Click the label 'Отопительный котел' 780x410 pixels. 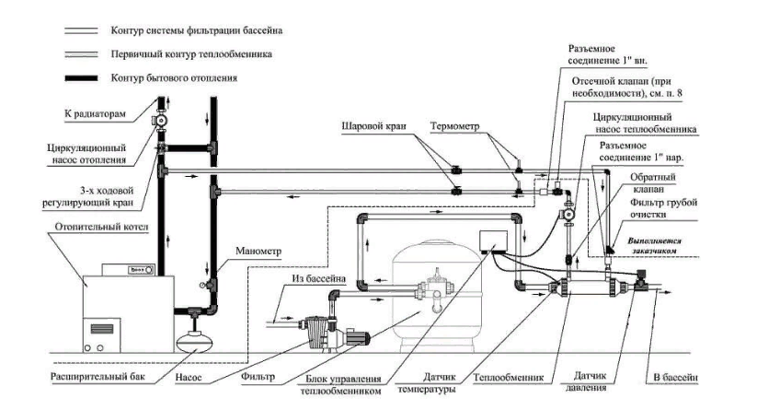(101, 228)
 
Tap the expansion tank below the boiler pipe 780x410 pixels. (194, 337)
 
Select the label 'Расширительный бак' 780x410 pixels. (97, 377)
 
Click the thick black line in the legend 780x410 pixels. (81, 77)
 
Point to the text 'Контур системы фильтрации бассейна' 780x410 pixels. (197, 30)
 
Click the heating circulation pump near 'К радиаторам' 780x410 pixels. (160, 121)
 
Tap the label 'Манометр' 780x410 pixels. (258, 252)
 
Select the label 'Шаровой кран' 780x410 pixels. (373, 125)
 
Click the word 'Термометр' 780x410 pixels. (455, 126)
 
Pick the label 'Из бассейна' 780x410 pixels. (319, 279)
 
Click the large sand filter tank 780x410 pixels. (437, 294)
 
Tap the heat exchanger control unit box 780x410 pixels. (493, 241)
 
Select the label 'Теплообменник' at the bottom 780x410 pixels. (509, 378)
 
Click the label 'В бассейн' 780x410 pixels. (675, 378)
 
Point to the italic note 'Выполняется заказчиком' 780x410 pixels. (654, 246)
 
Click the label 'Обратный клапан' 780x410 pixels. (653, 182)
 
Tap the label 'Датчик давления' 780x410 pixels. (590, 381)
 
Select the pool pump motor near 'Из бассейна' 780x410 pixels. (359, 337)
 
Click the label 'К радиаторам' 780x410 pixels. (95, 114)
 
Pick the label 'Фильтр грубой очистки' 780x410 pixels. (663, 208)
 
